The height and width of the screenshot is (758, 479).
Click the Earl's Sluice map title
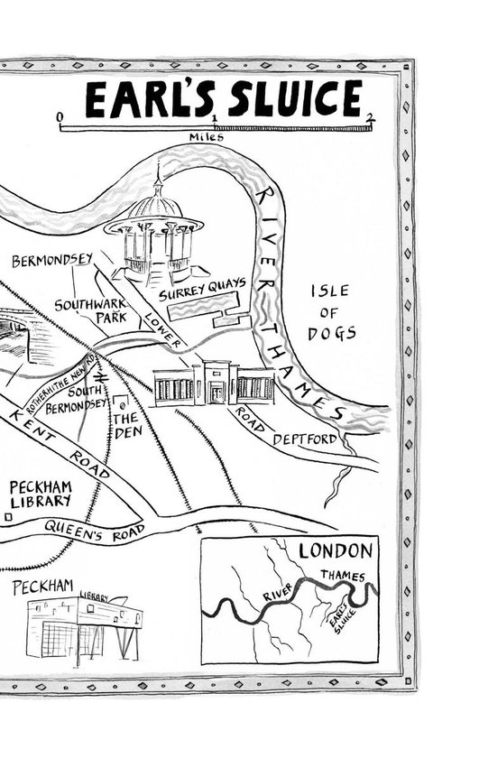(224, 98)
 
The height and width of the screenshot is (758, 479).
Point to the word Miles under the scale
(207, 137)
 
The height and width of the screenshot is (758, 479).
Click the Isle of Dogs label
(332, 312)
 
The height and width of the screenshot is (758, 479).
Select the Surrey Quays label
(202, 289)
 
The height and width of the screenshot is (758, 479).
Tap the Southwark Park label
(91, 310)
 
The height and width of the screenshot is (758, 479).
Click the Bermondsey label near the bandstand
(52, 260)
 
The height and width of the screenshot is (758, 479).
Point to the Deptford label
(305, 439)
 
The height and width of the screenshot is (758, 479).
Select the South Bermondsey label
(77, 399)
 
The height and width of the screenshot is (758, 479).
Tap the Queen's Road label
(95, 531)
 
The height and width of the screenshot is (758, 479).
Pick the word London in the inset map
(336, 550)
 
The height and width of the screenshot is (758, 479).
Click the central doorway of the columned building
(216, 393)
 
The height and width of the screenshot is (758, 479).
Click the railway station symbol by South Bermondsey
(100, 377)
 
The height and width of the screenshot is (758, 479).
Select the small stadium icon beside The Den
(121, 402)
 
